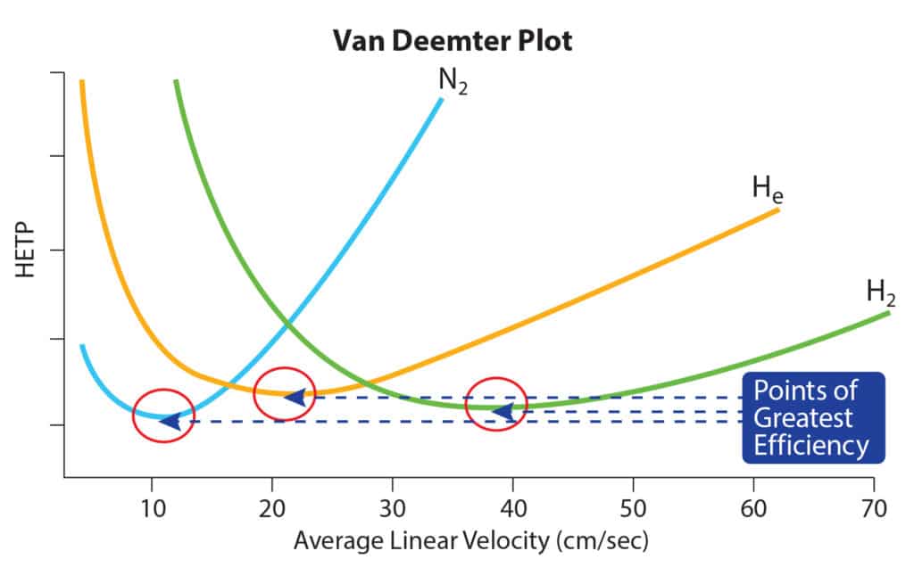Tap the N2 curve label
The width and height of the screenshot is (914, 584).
453,83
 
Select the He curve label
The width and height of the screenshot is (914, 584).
768,188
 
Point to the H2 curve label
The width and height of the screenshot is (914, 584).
881,292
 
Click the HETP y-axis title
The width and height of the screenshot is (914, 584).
27,251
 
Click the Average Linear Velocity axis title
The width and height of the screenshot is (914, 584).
470,540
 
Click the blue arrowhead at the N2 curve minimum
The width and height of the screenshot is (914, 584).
170,421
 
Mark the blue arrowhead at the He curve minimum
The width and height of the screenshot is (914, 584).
295,397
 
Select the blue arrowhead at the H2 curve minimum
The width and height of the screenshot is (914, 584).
503,412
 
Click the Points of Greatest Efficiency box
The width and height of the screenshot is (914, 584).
812,417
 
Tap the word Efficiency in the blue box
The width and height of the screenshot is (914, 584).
810,445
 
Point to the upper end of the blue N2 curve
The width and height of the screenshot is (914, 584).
440,100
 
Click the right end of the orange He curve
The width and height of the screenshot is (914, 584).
777,210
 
